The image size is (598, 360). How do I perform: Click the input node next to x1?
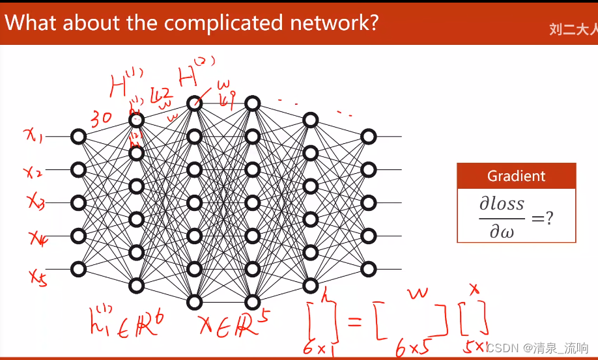pyautogui.click(x=79, y=137)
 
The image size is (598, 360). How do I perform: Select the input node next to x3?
pyautogui.click(x=79, y=202)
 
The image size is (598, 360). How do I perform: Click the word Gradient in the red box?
pyautogui.click(x=516, y=176)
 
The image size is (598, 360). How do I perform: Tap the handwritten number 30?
pyautogui.click(x=102, y=118)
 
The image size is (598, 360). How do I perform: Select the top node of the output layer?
pyautogui.click(x=369, y=137)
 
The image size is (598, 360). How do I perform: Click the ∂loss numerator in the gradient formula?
pyautogui.click(x=502, y=204)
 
